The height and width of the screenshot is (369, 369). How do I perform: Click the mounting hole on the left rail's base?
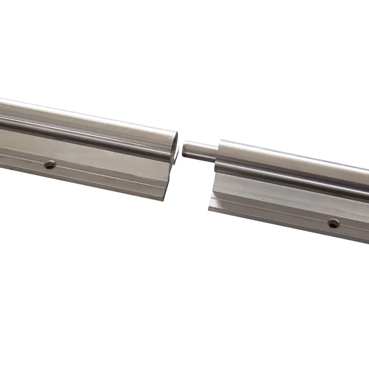point(49,164)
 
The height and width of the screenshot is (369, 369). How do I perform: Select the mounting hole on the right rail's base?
point(333,223)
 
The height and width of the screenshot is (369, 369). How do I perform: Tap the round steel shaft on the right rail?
point(295,161)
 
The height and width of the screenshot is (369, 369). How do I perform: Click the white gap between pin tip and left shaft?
point(181,149)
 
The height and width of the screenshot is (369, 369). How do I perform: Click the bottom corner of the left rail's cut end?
point(165,200)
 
